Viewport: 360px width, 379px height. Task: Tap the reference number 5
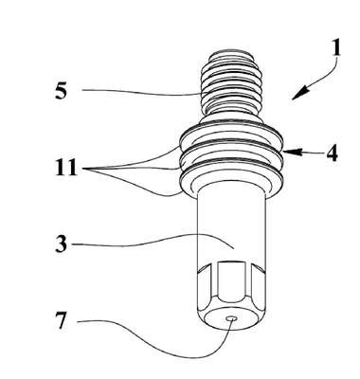pos(62,91)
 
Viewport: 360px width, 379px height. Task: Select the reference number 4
pos(332,154)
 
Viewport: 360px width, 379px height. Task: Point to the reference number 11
pos(66,167)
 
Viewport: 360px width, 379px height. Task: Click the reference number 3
pos(62,244)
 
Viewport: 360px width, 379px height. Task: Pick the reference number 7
pos(62,320)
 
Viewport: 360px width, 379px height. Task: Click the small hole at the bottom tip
pos(232,319)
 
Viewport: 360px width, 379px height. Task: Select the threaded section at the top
pos(232,83)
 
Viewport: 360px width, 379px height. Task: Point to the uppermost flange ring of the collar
pos(231,134)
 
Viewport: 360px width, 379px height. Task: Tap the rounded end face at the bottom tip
pos(232,319)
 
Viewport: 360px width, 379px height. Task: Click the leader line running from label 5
pos(142,92)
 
